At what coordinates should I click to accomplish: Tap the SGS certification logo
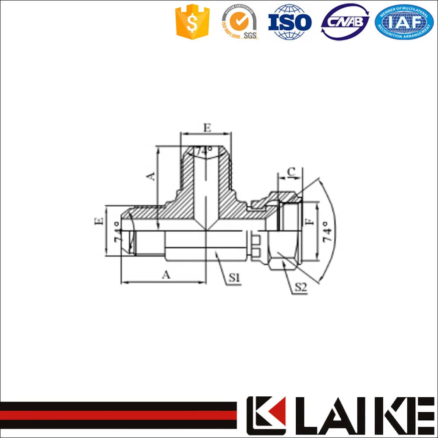tap(239, 22)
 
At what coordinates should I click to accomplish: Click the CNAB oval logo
tap(345, 22)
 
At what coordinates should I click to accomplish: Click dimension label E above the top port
tap(207, 128)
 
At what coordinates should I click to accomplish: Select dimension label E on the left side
tap(99, 220)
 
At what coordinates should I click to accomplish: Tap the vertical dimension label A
tap(151, 176)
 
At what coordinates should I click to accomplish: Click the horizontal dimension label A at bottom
tap(165, 275)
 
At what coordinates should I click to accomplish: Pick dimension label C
tap(290, 171)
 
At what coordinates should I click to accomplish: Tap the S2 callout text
tap(301, 287)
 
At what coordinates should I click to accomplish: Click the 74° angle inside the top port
tap(204, 151)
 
